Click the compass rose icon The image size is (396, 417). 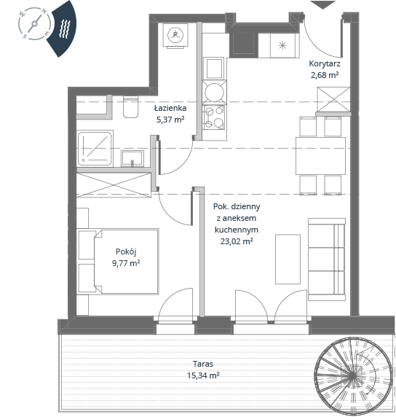click(34, 23)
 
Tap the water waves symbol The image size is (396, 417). click(65, 28)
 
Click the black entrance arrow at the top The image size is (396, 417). click(322, 5)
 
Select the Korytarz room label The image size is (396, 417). click(324, 64)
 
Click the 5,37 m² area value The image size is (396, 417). click(170, 120)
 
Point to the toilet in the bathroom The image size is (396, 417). click(131, 107)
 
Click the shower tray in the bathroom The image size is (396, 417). click(95, 149)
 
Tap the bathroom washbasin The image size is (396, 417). click(132, 158)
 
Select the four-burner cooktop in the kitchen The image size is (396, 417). click(214, 117)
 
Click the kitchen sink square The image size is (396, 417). click(214, 69)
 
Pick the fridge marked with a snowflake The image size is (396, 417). click(282, 45)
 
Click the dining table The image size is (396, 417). click(320, 156)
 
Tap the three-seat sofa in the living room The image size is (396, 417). click(327, 260)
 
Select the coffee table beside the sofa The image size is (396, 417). click(288, 259)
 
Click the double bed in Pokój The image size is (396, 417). click(127, 262)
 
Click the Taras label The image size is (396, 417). click(203, 364)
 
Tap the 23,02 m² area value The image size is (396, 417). click(237, 241)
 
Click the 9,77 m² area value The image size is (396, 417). click(126, 263)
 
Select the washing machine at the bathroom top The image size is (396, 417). click(175, 36)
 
